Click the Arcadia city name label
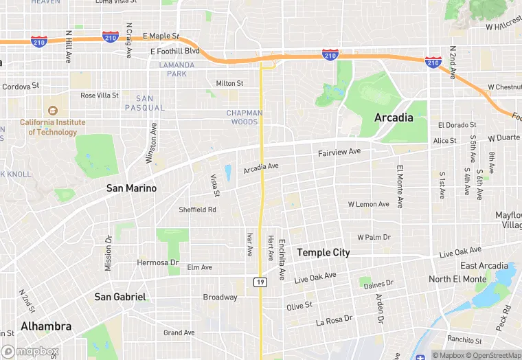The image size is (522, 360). point(394,117)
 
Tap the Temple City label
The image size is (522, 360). point(323,253)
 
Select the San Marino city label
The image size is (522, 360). point(131,188)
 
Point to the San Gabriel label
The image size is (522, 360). point(120,297)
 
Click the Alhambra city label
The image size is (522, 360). point(46,326)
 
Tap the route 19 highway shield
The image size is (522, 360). point(260,282)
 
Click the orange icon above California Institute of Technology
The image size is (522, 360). point(52,110)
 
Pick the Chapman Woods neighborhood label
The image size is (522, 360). point(245,117)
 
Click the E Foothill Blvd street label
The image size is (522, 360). point(175,51)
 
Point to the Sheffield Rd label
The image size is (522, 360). point(197,210)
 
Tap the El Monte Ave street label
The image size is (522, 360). point(399,186)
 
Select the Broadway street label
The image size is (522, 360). point(220,297)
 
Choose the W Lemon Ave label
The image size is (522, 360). point(369,205)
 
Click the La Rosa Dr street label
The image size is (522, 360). point(334,319)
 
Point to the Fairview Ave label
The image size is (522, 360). point(339,151)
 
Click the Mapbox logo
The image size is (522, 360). point(30,351)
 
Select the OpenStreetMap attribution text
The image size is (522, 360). point(492,355)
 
